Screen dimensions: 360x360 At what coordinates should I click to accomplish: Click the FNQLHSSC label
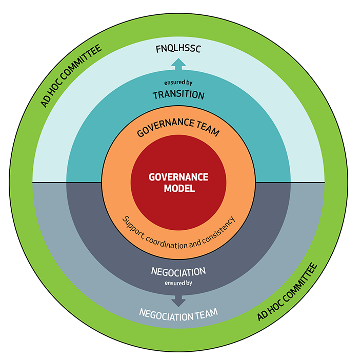178,50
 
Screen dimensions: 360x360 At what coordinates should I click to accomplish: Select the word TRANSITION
178,95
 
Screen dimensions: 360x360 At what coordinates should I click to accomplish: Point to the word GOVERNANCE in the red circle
178,177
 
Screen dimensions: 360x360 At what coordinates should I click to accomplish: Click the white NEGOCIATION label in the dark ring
178,271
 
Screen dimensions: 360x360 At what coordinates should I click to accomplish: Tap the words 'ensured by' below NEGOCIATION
178,282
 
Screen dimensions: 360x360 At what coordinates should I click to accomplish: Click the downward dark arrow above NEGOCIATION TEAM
178,298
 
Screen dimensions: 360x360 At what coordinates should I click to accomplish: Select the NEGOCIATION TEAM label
178,312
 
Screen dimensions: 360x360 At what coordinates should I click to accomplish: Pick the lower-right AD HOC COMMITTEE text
287,292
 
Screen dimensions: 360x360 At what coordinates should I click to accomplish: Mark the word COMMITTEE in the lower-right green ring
298,282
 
